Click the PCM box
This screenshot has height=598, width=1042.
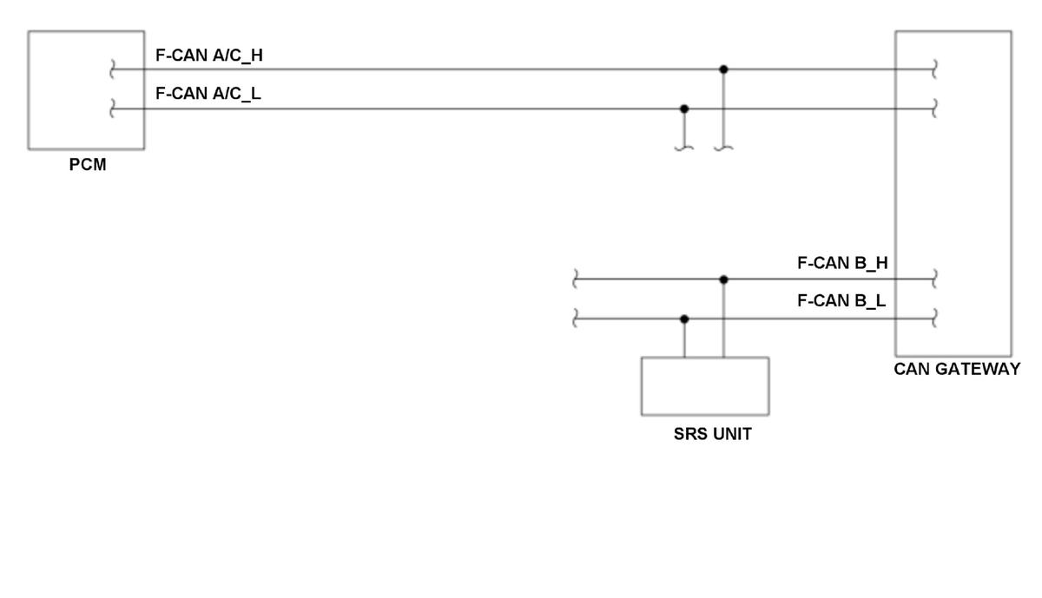(x=86, y=90)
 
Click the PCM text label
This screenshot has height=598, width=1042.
(x=88, y=165)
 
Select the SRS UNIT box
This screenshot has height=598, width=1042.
(x=704, y=386)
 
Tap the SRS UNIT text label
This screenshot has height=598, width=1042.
(x=712, y=435)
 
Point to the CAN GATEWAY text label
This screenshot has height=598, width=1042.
(x=957, y=370)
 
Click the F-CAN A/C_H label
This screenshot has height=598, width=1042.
(x=208, y=56)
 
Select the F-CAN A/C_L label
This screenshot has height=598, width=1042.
(x=208, y=95)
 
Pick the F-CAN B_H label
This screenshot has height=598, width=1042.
(x=842, y=263)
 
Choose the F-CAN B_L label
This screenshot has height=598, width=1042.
(x=841, y=302)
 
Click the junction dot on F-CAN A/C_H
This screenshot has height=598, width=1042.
(x=724, y=69)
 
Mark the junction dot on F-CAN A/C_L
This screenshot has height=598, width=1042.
(x=684, y=108)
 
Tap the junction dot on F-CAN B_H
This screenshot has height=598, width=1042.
(x=724, y=279)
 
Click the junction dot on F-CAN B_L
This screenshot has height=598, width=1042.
(x=684, y=319)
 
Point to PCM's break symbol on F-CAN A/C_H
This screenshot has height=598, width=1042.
(x=113, y=69)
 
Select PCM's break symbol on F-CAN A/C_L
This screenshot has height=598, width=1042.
(x=113, y=108)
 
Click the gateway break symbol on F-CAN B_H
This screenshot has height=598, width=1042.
(x=934, y=279)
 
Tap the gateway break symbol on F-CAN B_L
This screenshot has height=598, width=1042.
(x=934, y=319)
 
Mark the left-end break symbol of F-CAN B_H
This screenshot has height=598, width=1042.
(x=575, y=279)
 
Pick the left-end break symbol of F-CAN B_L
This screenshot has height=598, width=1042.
(x=575, y=319)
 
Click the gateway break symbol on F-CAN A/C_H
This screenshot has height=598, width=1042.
(x=934, y=69)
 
